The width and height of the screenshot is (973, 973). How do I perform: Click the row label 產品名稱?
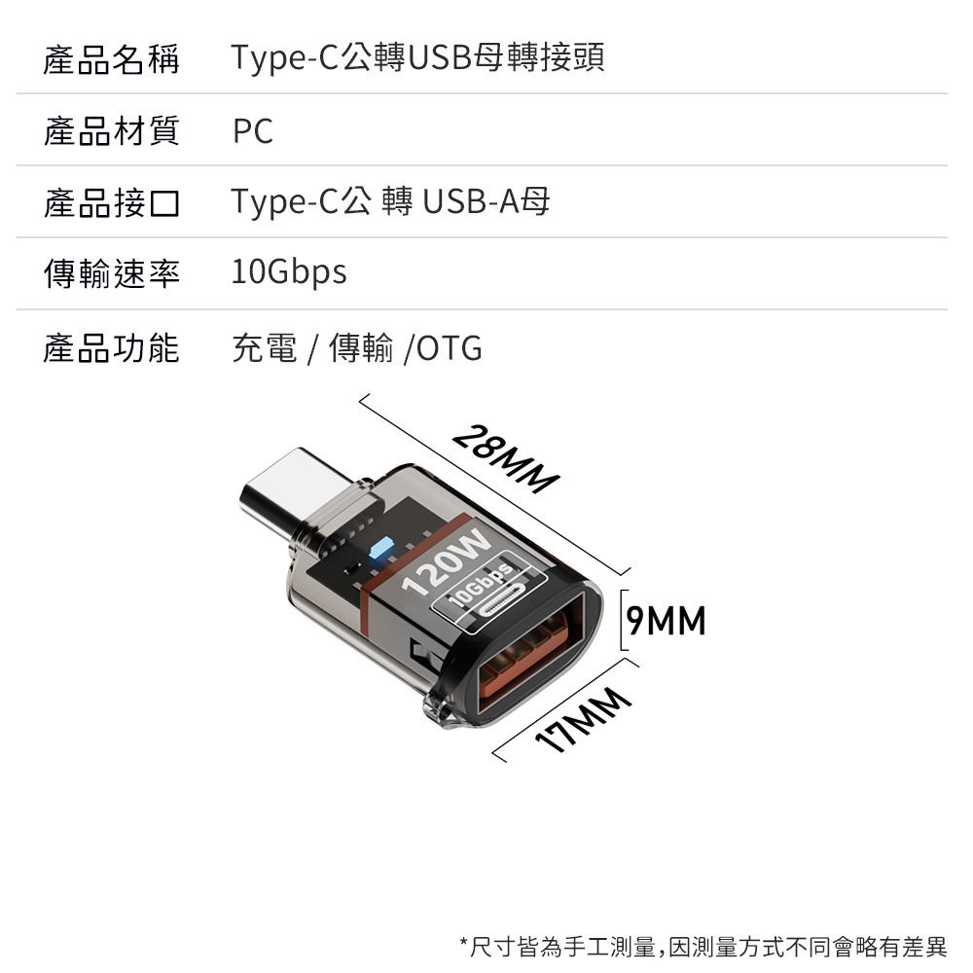tap(111, 58)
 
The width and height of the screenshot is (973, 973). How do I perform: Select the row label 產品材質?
tap(111, 130)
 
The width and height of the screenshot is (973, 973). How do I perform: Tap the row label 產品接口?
tap(111, 202)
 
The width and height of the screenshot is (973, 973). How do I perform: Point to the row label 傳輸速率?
tap(111, 274)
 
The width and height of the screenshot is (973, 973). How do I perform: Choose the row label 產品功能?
tap(111, 347)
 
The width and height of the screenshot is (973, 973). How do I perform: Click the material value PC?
tap(253, 131)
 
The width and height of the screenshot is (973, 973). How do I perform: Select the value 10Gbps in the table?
tap(289, 273)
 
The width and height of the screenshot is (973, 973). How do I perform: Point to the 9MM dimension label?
tap(667, 620)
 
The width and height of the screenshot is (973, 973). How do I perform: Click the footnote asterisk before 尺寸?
tap(463, 943)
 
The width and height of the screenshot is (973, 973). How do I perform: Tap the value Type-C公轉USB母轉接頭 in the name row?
tap(417, 58)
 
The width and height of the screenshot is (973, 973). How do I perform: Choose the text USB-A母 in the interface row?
tap(486, 202)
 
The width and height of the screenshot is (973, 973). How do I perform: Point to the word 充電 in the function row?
tap(265, 347)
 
